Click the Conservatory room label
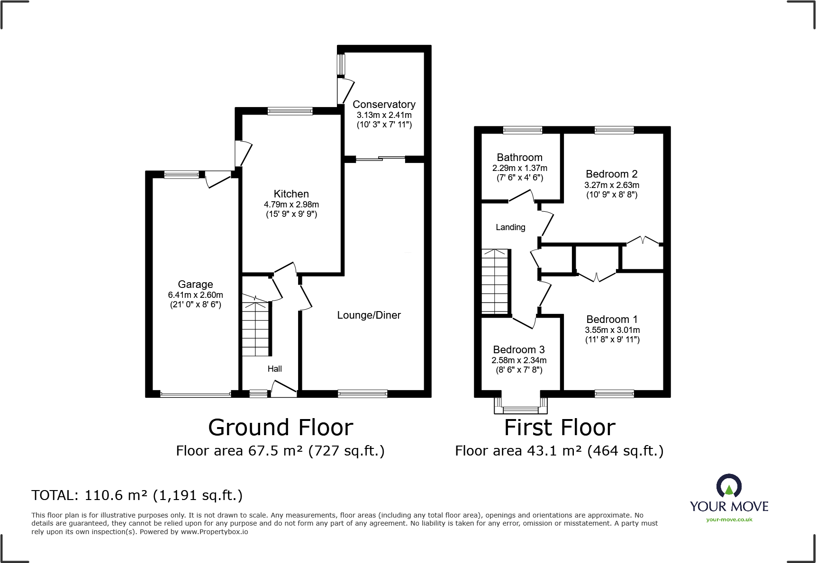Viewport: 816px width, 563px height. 384,104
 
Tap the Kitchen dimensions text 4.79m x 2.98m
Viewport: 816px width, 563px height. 291,205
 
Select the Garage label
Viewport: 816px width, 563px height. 195,284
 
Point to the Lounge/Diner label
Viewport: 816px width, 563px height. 369,315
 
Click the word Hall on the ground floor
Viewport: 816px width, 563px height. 274,369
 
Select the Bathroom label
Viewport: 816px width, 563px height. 519,158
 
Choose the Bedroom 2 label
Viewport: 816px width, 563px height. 611,174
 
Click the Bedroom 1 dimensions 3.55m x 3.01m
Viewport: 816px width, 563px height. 612,330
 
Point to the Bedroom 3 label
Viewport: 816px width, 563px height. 518,350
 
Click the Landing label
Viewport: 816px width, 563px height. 510,227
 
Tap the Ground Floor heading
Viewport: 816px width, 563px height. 281,428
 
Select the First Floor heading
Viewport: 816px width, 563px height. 560,428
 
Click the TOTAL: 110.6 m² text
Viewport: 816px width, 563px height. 137,495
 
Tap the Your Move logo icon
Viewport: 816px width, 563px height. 729,486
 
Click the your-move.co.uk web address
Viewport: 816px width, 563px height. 729,519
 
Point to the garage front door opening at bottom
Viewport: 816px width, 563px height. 195,394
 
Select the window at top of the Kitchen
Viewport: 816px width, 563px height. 290,111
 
